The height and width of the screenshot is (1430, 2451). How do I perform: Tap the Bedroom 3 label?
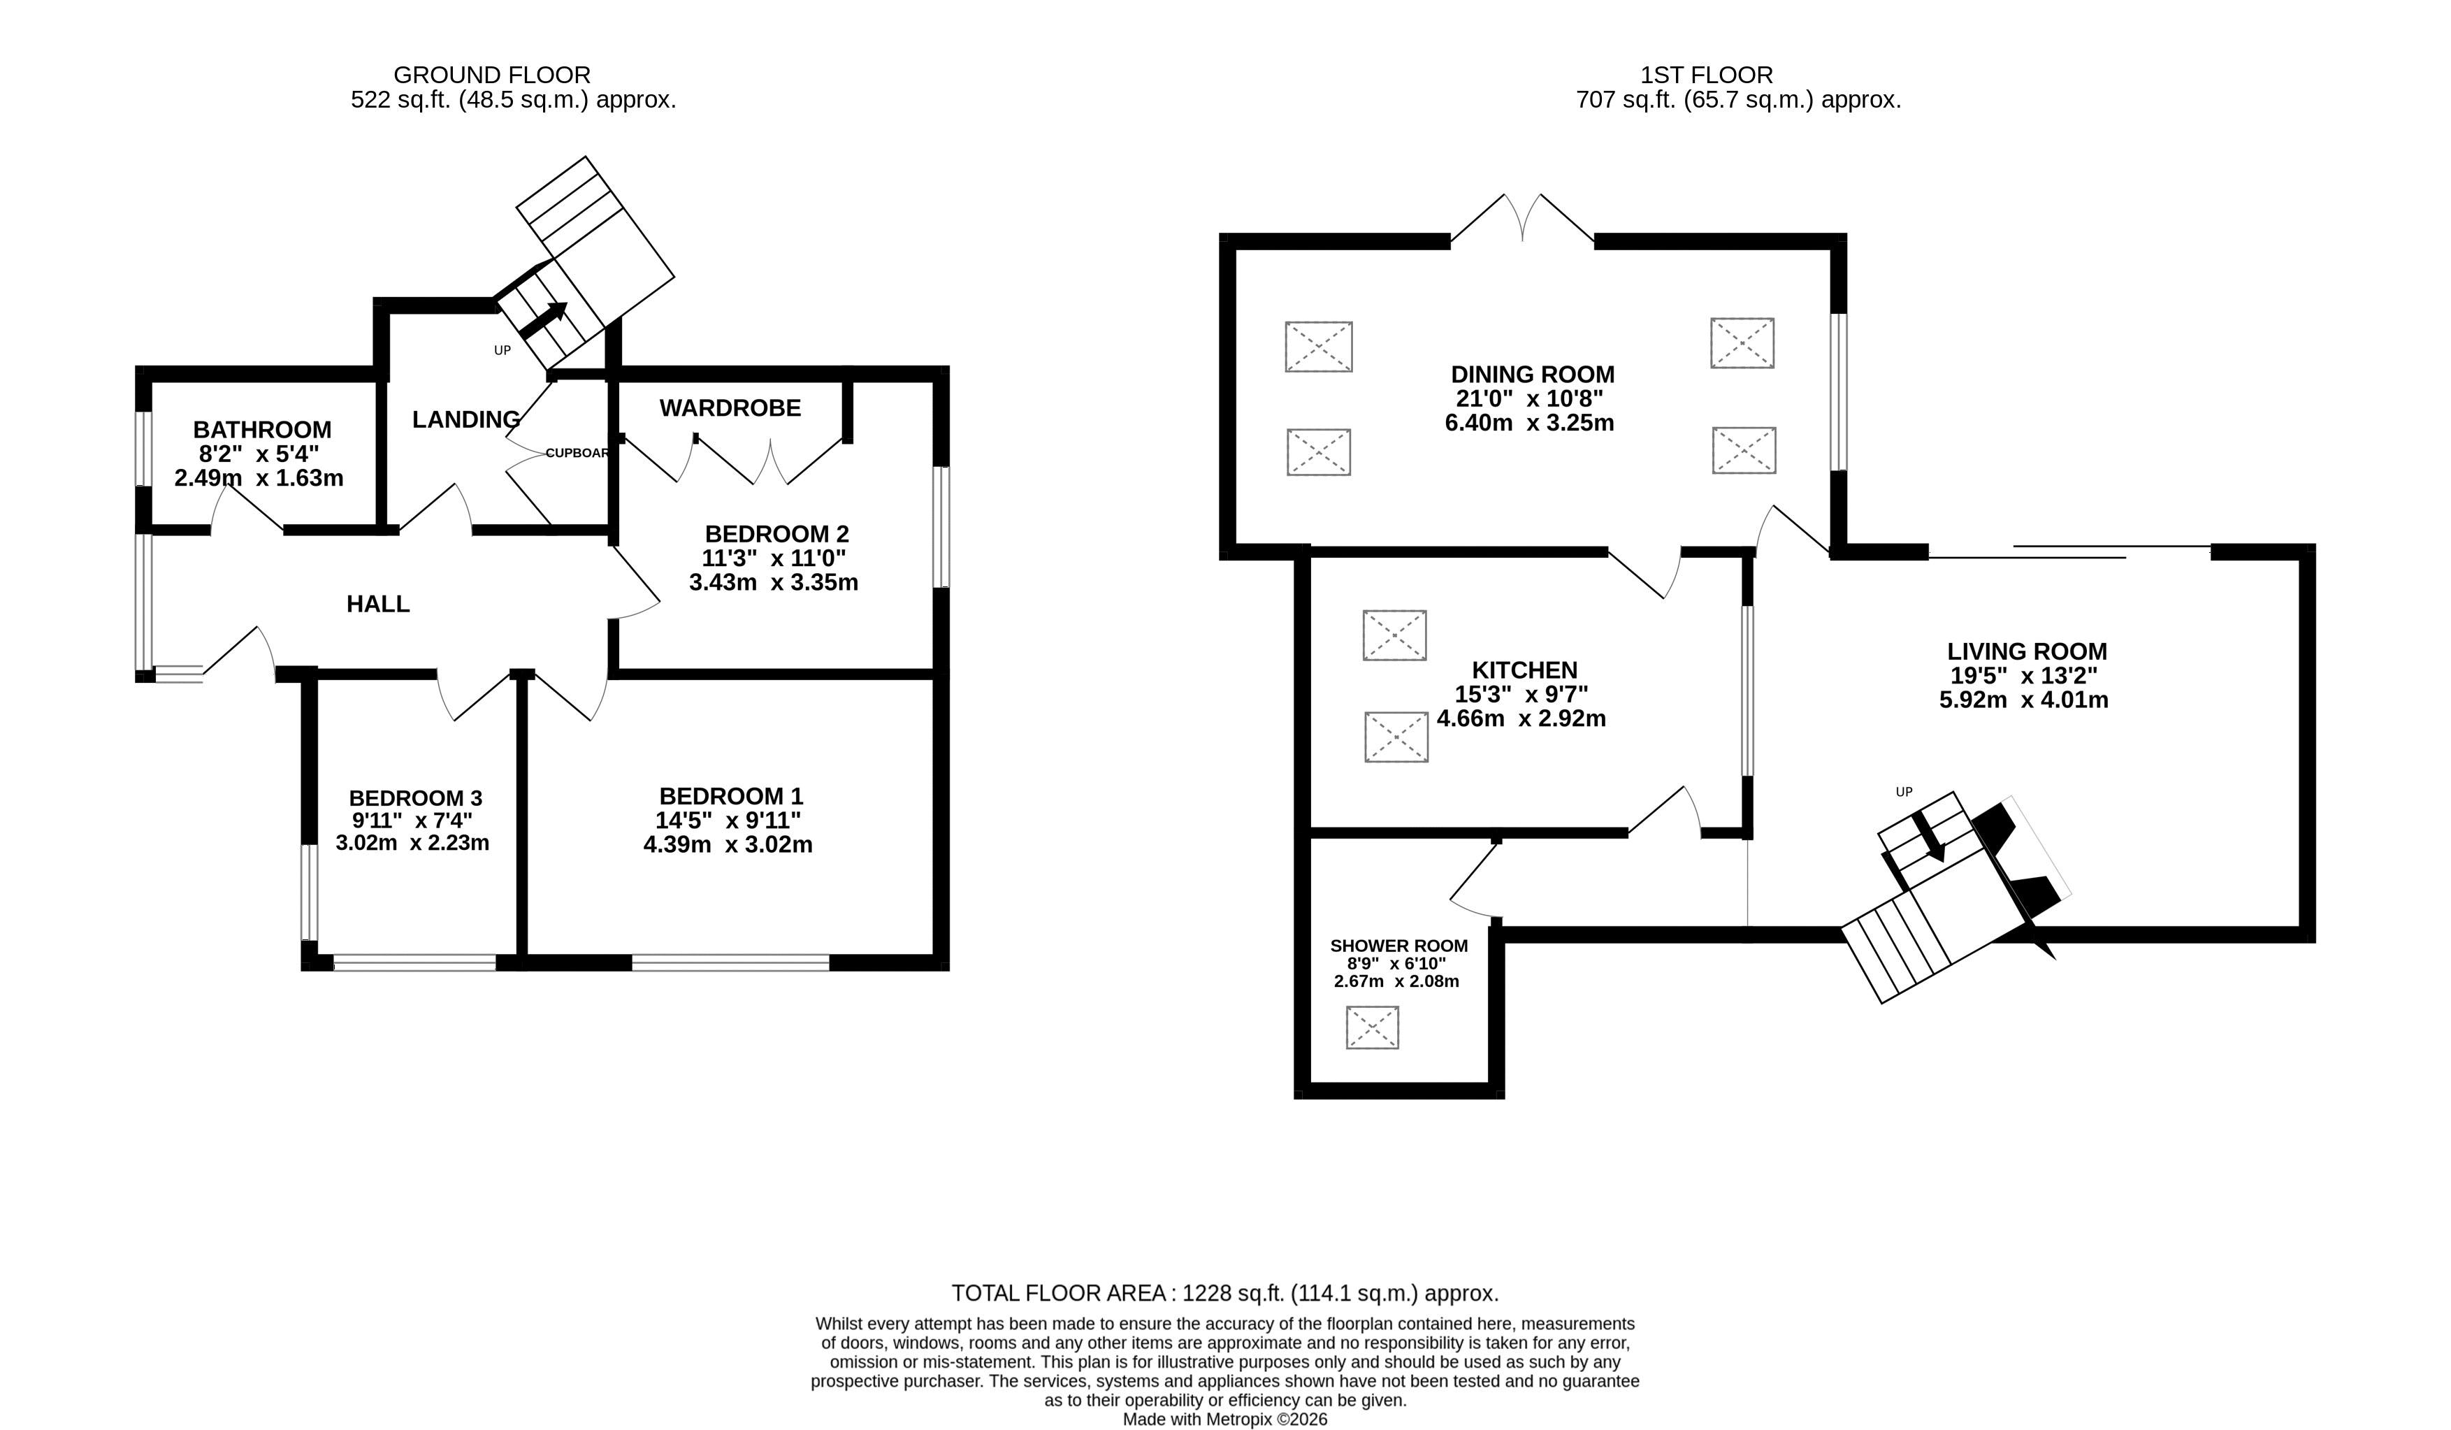pos(415,797)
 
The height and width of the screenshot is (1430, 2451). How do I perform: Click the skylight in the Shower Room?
pos(1373,1027)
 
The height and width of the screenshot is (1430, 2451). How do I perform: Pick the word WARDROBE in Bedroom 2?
pos(730,407)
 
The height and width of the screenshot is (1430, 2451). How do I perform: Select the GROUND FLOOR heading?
pos(492,75)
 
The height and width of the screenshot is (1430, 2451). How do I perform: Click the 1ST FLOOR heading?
pos(1707,75)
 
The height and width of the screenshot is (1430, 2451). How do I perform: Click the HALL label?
pos(378,604)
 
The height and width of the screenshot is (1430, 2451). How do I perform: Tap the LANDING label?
pos(466,419)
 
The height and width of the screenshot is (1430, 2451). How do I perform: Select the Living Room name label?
pos(2027,652)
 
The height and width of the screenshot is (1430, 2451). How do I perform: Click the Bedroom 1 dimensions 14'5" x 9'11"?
pos(728,820)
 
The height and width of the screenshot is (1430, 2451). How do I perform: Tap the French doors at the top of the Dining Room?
pos(1523,218)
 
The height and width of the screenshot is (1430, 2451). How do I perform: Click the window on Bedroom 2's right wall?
pos(941,527)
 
